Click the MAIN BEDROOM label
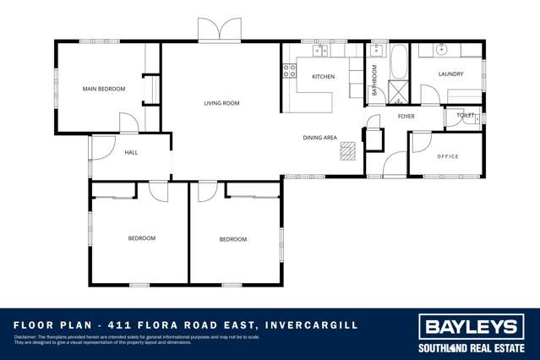(103, 89)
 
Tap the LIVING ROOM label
(221, 103)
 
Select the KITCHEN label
(323, 77)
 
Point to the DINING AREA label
(320, 137)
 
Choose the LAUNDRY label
(450, 74)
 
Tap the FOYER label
(406, 116)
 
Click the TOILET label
(466, 116)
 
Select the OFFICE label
(447, 156)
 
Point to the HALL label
(131, 152)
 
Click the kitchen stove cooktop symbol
(289, 71)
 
